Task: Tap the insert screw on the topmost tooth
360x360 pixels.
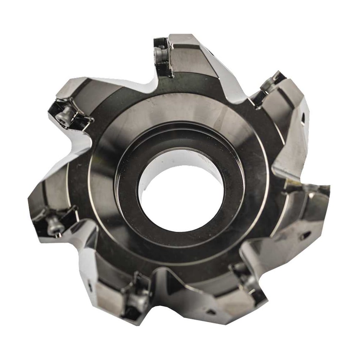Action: pyautogui.click(x=159, y=54)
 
